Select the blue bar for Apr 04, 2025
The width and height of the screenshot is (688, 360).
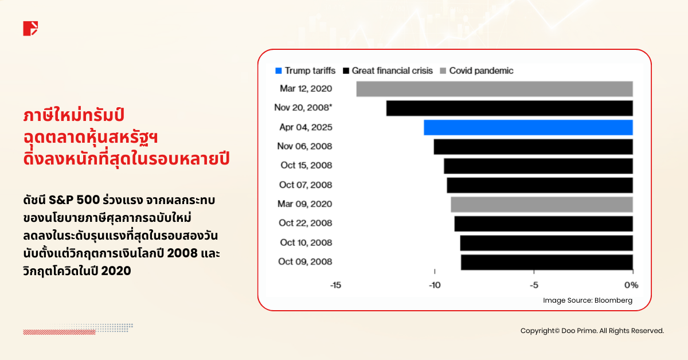(x=528, y=127)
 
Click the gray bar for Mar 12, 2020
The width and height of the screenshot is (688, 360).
(x=494, y=89)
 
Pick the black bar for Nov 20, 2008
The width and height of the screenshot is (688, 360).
(x=509, y=108)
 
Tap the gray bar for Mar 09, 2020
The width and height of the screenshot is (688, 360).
(x=542, y=204)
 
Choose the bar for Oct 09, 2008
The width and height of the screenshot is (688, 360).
(x=546, y=262)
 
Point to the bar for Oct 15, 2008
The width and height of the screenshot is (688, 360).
(x=538, y=166)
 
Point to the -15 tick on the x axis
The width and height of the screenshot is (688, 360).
(x=335, y=285)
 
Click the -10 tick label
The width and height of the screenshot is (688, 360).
(x=435, y=285)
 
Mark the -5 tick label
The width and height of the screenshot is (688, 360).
(x=534, y=285)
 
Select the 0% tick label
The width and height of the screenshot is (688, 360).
(x=631, y=285)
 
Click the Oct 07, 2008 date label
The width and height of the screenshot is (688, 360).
(x=306, y=185)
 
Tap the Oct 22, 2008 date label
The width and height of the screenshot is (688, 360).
(x=306, y=223)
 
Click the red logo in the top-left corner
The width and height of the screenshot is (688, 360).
(x=30, y=28)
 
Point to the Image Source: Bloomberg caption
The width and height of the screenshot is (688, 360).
(x=588, y=300)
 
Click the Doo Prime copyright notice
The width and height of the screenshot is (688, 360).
(x=592, y=331)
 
